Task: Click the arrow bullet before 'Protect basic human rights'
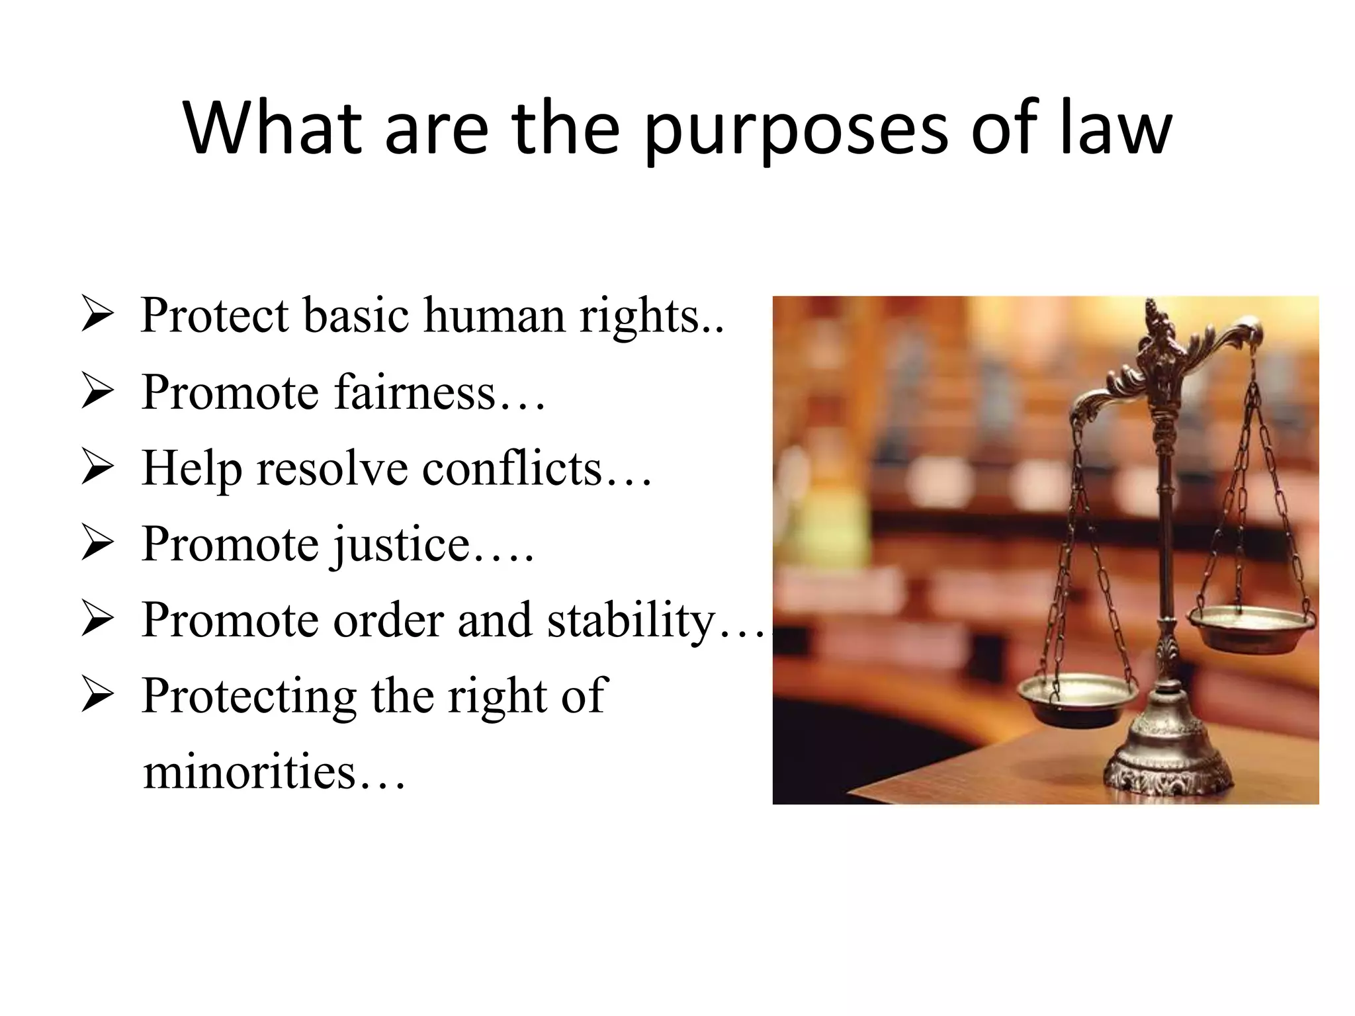pos(97,316)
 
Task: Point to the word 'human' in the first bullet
pos(494,316)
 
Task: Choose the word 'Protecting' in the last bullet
pos(248,697)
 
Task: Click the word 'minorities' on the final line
pos(249,773)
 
